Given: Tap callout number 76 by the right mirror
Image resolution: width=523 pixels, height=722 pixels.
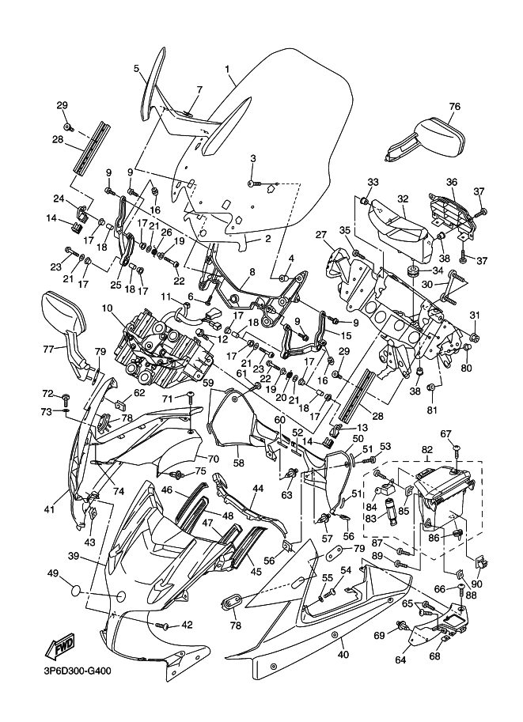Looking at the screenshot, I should [454, 107].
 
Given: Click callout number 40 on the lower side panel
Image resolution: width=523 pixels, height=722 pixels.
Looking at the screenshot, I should [343, 654].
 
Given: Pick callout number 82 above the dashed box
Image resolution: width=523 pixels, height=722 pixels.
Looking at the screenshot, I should [427, 450].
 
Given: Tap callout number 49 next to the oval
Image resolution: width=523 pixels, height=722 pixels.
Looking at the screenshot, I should [53, 573].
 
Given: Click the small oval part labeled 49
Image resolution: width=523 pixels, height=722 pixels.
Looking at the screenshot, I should [72, 590].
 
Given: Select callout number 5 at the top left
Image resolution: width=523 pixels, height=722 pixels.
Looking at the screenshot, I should [136, 69].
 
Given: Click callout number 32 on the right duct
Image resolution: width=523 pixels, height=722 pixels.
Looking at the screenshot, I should [402, 199].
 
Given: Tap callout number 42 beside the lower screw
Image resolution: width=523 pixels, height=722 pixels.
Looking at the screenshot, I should [187, 624].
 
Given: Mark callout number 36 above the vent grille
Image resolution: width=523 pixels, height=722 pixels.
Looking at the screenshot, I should [451, 182].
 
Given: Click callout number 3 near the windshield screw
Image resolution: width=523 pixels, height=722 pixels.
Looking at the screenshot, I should [253, 159].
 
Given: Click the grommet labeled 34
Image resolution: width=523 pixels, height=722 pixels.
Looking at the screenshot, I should [412, 273].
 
